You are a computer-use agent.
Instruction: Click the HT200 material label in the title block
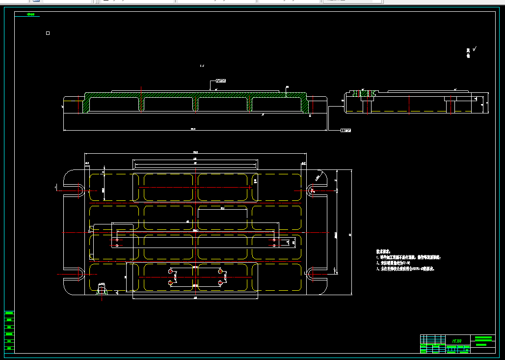(456, 340)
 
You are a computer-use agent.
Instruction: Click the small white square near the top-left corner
(48, 33)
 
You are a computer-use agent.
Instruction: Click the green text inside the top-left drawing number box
(31, 15)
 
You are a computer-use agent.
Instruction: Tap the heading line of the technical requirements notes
(383, 251)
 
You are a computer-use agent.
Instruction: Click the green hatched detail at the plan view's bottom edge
(102, 290)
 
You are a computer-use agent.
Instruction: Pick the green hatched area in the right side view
(364, 93)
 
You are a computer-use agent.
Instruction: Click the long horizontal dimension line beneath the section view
(195, 131)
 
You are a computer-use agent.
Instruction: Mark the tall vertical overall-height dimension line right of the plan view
(351, 232)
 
